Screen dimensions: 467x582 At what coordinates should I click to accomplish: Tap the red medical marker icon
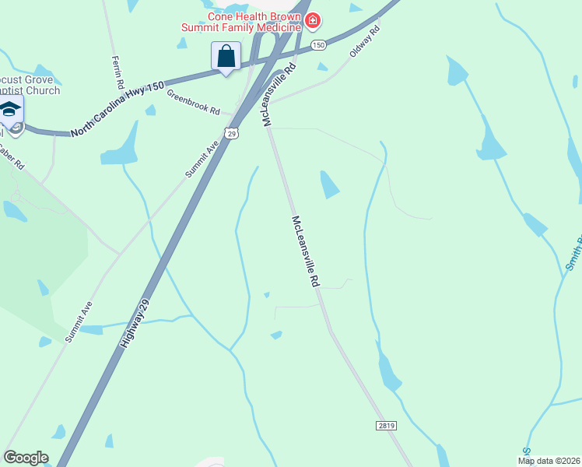[x=313, y=19]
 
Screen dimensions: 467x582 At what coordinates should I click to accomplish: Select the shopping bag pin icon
[x=226, y=56]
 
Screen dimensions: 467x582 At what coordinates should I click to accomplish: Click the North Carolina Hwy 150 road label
[x=117, y=109]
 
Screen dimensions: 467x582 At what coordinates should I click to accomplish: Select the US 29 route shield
[x=232, y=134]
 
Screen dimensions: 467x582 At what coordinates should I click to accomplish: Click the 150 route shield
[x=317, y=45]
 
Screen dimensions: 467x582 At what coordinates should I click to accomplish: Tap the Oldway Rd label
[x=364, y=40]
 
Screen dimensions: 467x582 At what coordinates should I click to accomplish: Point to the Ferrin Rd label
[x=117, y=71]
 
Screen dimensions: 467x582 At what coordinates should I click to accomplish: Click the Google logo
[x=26, y=458]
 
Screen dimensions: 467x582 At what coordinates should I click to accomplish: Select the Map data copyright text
[x=549, y=460]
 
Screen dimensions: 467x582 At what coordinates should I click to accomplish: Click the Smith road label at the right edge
[x=573, y=253]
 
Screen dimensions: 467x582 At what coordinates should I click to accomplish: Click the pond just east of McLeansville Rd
[x=330, y=184]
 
